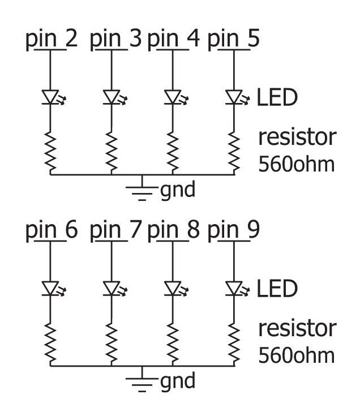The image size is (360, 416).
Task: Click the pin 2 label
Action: [x=52, y=41]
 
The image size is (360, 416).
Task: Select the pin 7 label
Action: [x=115, y=232]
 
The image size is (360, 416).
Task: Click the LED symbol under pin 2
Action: [x=52, y=97]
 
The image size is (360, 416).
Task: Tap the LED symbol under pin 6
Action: [x=52, y=289]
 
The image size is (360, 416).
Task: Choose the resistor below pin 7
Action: [x=112, y=342]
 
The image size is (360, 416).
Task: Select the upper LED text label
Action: [x=277, y=98]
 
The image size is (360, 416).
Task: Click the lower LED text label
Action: [x=277, y=289]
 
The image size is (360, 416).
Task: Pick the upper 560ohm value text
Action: [x=296, y=164]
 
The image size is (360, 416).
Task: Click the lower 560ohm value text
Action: [x=296, y=355]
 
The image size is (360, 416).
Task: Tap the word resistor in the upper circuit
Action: [x=297, y=138]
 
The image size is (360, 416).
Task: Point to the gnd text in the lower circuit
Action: [x=178, y=381]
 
